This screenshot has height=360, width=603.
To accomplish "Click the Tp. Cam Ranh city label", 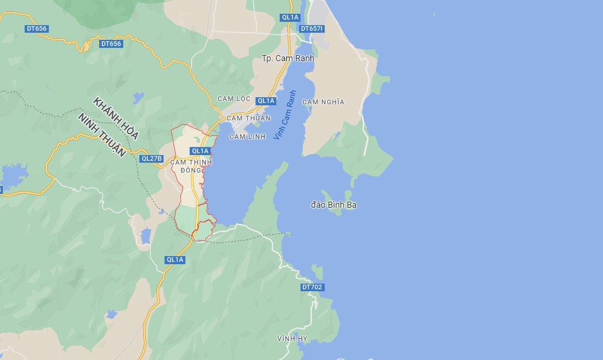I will (x=288, y=58).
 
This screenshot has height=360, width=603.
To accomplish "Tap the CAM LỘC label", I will (x=234, y=99).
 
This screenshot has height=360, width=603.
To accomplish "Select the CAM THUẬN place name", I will (x=248, y=118).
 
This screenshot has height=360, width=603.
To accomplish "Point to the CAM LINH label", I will (x=247, y=137).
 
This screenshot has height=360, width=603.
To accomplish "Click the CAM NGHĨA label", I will (x=323, y=102).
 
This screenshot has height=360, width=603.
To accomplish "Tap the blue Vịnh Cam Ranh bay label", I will (x=284, y=115).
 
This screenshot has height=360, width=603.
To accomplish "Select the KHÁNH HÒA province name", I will (x=116, y=119).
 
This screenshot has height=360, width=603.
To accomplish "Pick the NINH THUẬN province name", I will (x=102, y=135).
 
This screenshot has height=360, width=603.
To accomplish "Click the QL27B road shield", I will (x=152, y=159).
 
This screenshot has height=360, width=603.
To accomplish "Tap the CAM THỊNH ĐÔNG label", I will (x=191, y=166).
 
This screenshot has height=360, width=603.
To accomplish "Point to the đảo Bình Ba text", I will (x=334, y=205).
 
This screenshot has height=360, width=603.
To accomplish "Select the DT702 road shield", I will (x=312, y=287).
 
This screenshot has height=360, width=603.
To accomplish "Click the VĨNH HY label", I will (x=292, y=339).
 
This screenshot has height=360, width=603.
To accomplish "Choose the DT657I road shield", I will (x=312, y=29).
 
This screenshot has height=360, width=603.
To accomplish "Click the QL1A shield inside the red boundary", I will (x=200, y=151).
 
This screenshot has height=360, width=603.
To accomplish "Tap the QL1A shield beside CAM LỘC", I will (x=266, y=101).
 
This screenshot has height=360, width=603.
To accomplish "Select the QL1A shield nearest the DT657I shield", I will (x=290, y=18).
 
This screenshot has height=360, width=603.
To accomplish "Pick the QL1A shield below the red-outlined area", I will (x=175, y=260).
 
